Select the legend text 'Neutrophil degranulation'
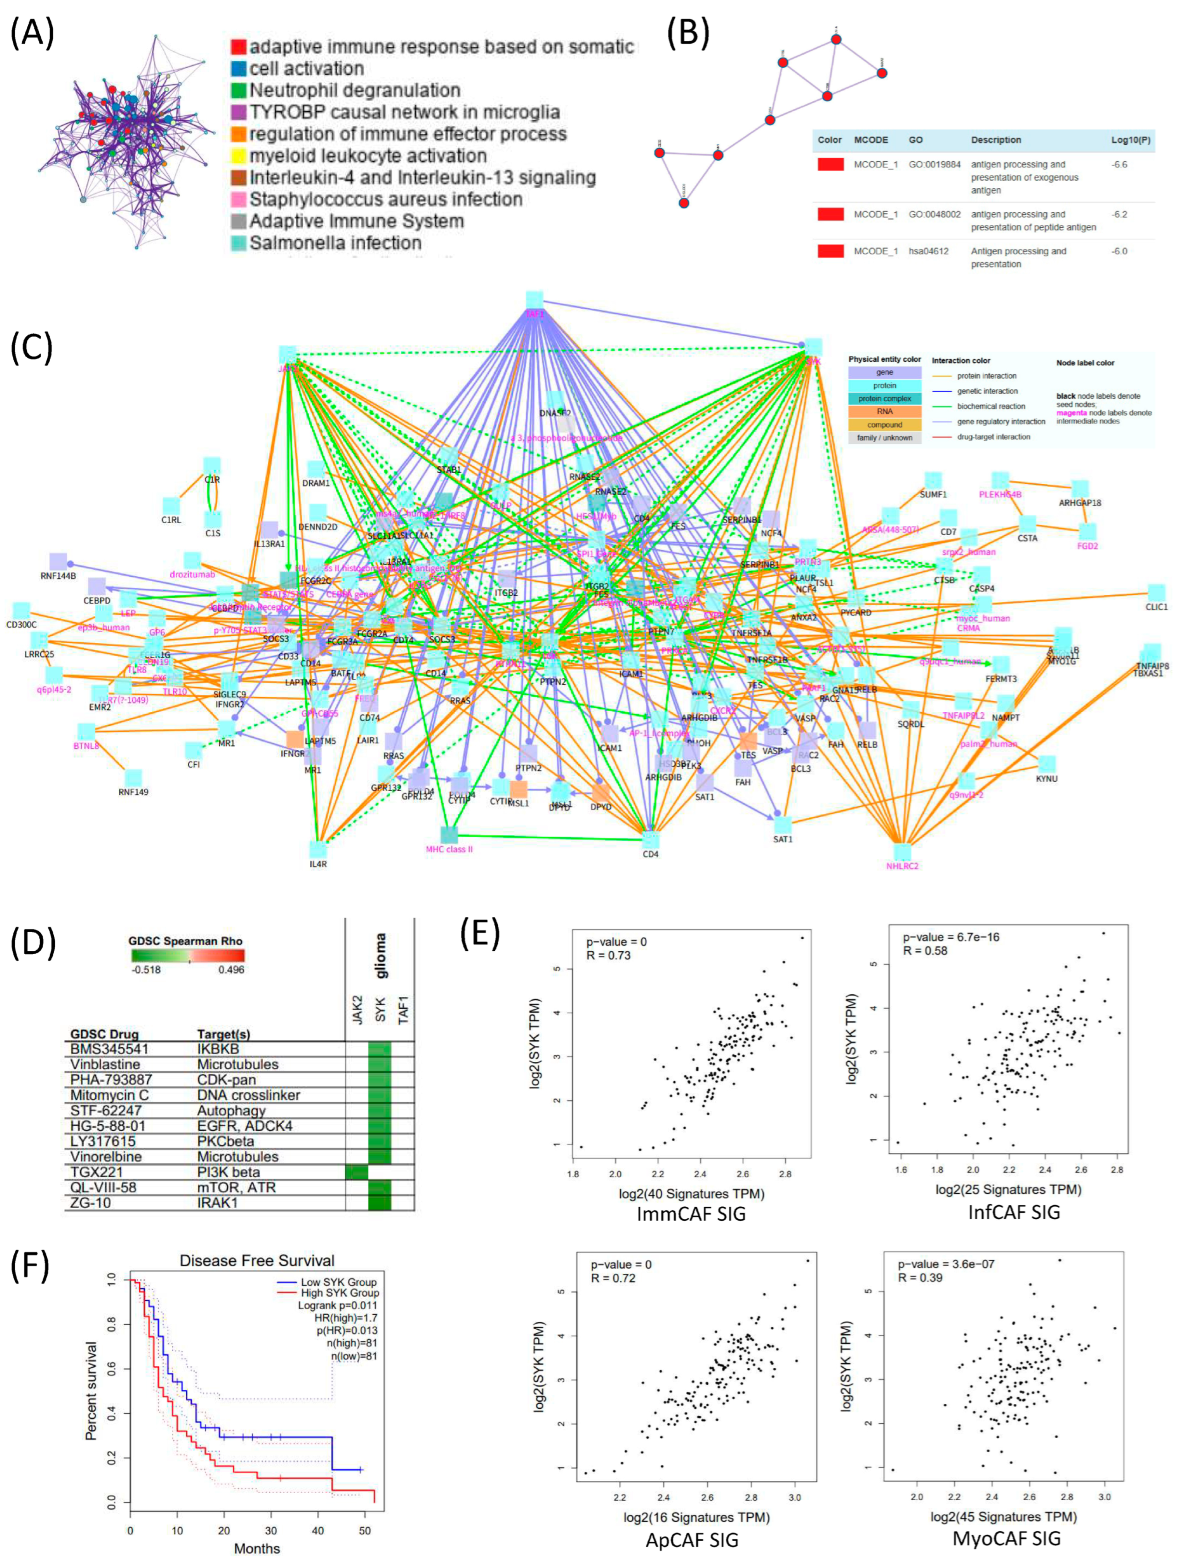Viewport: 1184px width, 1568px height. pos(355,91)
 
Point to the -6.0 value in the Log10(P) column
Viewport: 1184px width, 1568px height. pos(1119,251)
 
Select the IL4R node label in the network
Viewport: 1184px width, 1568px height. pos(318,864)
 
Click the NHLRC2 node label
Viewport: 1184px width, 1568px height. pos(902,866)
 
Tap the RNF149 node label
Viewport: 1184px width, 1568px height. pos(133,792)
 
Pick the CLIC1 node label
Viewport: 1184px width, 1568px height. pos(1155,608)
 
